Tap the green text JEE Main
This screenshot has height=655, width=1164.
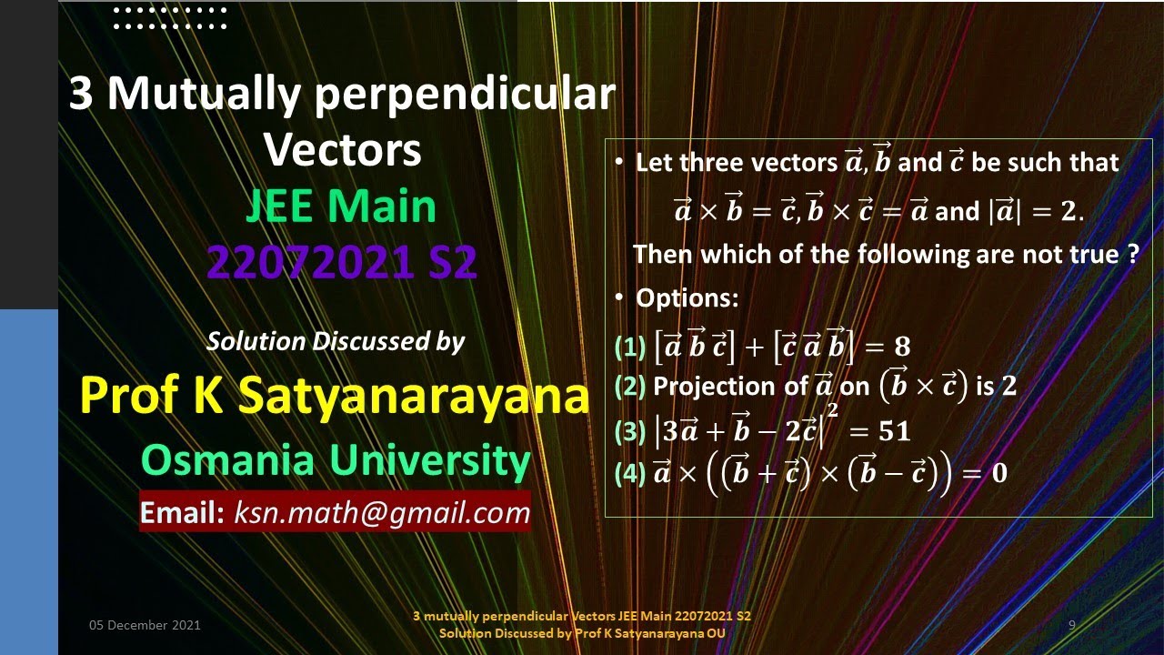coord(341,207)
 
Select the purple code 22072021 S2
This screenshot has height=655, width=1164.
coord(341,263)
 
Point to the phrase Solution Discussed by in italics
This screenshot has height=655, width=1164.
coord(336,341)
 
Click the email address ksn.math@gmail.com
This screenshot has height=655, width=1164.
coord(382,513)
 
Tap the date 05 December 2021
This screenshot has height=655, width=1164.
coord(145,625)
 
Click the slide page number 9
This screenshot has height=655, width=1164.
coord(1072,625)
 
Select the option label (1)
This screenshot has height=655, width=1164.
coord(629,347)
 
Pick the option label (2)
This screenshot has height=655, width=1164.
coord(629,387)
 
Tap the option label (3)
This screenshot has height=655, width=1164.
coord(629,431)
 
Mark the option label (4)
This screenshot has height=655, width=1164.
coord(629,473)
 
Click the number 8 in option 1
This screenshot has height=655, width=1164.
coord(901,347)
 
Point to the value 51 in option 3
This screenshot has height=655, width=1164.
coord(895,431)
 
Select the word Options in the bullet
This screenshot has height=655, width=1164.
coord(687,297)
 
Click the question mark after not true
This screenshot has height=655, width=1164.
coord(1132,254)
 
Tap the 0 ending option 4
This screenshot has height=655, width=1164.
coord(998,473)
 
